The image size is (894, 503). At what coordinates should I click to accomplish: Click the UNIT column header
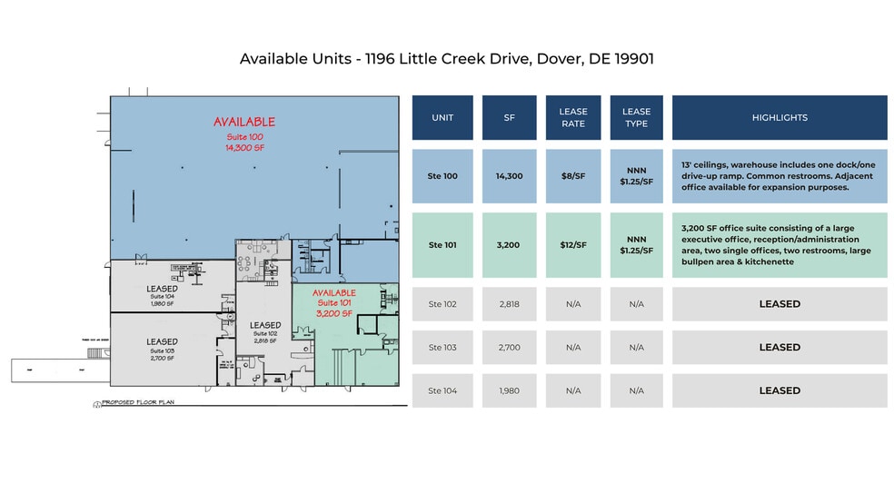point(442,118)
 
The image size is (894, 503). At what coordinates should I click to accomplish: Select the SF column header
point(509,118)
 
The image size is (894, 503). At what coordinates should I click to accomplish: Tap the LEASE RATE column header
point(573,118)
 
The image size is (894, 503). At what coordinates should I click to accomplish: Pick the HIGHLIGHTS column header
point(780,118)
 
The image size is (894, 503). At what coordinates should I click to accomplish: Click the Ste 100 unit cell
point(442,176)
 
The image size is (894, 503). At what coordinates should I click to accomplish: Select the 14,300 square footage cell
point(509,176)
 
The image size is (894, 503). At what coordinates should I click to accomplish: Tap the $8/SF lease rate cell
point(573,176)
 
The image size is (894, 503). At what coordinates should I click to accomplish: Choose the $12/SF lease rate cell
point(573,245)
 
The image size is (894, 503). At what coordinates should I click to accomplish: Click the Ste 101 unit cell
point(442,245)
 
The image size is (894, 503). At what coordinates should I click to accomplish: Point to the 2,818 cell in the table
point(509,304)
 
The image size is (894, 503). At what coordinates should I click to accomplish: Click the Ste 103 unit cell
point(442,348)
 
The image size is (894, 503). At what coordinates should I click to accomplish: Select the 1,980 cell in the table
point(509,390)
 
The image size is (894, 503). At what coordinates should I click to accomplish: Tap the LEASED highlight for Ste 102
point(780,304)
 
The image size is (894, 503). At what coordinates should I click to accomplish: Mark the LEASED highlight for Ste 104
point(780,390)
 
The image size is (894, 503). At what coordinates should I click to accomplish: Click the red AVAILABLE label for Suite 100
point(243,122)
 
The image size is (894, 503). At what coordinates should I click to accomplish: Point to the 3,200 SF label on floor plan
point(333,312)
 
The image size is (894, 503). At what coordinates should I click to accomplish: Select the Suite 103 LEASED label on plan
point(162,341)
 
